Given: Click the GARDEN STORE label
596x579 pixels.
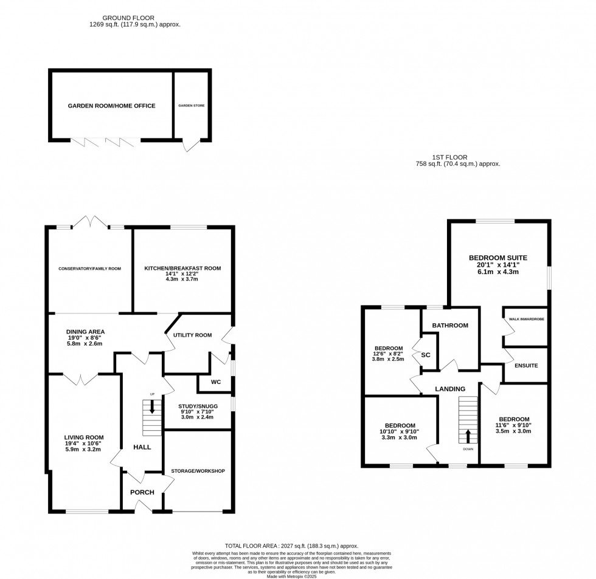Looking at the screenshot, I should pyautogui.click(x=191, y=106).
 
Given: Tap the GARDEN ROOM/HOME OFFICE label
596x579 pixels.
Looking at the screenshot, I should pyautogui.click(x=111, y=106).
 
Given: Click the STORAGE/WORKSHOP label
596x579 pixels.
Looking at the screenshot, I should pyautogui.click(x=198, y=471).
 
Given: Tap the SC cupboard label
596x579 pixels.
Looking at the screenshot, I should pyautogui.click(x=426, y=354).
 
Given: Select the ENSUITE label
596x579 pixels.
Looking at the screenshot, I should pyautogui.click(x=526, y=366).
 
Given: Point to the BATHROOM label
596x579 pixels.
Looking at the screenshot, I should pyautogui.click(x=450, y=326).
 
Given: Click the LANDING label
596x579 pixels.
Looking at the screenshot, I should pyautogui.click(x=450, y=389).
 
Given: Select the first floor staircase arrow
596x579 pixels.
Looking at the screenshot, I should pyautogui.click(x=468, y=435).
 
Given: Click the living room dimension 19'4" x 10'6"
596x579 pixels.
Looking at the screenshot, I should pyautogui.click(x=85, y=444).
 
